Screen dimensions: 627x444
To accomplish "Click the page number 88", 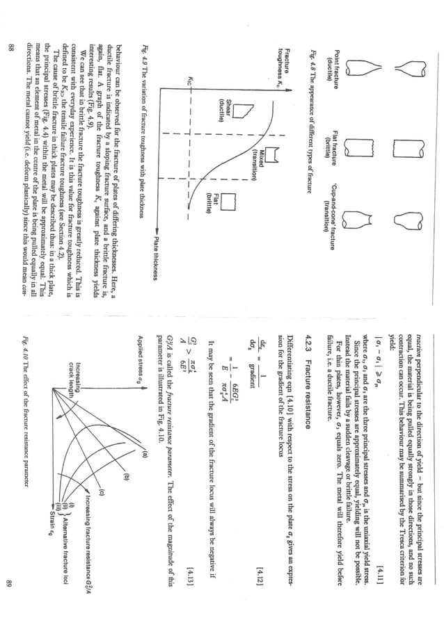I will (x=12, y=47).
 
